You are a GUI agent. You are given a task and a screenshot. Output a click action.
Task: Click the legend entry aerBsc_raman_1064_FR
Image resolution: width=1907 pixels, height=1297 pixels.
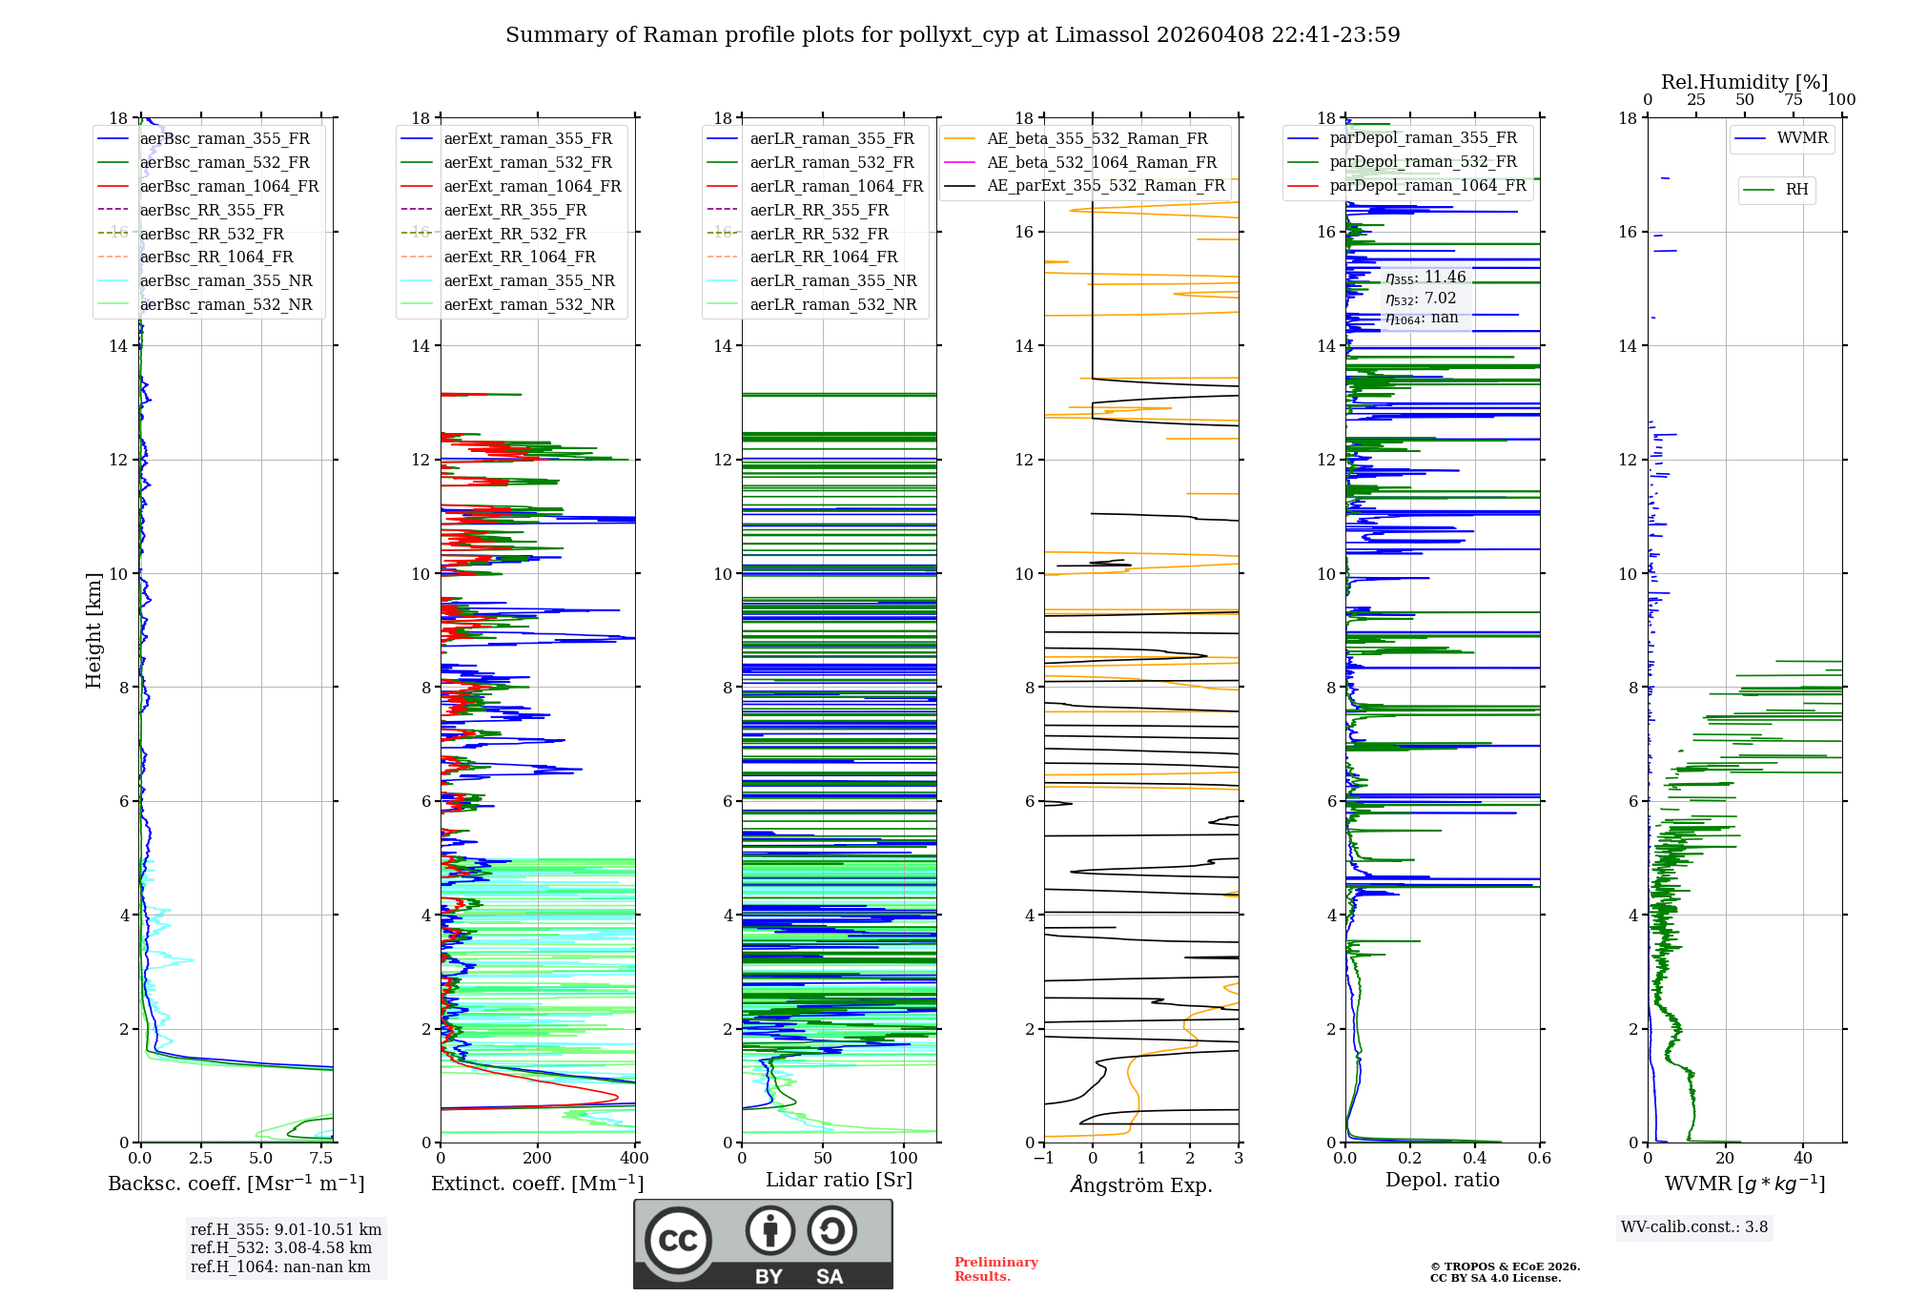[229, 186]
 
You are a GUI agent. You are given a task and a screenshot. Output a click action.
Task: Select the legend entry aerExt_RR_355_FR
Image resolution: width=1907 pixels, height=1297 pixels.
[515, 210]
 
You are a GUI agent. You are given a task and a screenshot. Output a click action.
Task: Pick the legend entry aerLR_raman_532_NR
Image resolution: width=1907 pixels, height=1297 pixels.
[832, 305]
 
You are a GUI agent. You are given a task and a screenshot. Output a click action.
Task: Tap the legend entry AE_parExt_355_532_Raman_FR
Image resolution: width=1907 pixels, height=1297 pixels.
[1105, 185]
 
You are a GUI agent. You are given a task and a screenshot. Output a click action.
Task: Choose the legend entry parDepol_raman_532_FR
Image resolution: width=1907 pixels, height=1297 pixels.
[1423, 162]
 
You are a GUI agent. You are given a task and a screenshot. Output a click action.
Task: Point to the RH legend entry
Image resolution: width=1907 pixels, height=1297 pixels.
[1796, 190]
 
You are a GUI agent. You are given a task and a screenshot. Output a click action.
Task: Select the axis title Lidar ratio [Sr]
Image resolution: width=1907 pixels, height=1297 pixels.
[839, 1180]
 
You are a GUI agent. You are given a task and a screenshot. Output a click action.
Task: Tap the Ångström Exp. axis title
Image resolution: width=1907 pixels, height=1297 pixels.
[1141, 1184]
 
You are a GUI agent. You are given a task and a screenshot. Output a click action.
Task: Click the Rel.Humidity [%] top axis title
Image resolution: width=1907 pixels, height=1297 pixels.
[1744, 82]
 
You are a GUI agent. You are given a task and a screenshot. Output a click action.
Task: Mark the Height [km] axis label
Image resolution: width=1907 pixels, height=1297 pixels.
[93, 630]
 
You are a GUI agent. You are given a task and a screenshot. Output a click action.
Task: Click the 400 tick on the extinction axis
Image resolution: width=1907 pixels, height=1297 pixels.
[634, 1159]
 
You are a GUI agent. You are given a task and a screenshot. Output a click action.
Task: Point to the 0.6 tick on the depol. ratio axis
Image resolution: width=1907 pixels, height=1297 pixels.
[1539, 1159]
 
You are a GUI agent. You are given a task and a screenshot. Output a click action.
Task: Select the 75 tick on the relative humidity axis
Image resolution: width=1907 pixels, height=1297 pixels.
[1793, 100]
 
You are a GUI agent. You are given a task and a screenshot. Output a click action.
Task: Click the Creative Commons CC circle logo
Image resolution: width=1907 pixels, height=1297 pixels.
[678, 1241]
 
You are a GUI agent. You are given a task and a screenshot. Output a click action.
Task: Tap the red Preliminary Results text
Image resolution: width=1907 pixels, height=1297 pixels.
[995, 1269]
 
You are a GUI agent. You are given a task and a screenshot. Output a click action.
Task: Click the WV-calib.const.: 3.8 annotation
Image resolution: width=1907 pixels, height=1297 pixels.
[1694, 1227]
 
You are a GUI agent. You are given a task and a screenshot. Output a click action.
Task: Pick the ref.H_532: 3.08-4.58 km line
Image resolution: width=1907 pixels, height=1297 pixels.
[281, 1248]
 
